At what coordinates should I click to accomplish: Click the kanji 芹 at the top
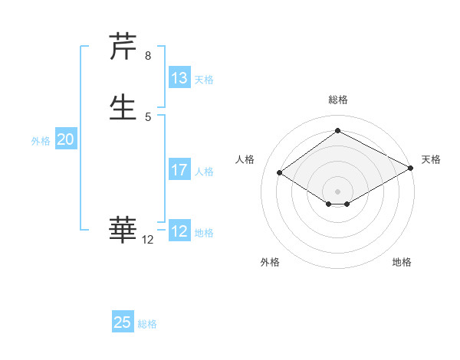(123, 47)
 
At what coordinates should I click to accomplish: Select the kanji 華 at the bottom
(123, 229)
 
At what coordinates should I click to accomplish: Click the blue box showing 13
(179, 78)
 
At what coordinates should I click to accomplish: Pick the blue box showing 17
(179, 170)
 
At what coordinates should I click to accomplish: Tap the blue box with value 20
(65, 139)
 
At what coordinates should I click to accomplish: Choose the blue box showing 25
(123, 322)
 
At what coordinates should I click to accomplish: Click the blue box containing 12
(179, 231)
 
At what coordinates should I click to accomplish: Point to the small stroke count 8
(148, 56)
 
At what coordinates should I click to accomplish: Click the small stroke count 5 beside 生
(148, 116)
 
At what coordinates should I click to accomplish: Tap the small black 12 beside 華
(148, 240)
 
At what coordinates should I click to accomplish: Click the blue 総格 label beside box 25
(147, 324)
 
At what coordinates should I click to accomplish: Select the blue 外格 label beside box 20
(41, 141)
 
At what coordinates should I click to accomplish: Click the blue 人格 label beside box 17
(204, 172)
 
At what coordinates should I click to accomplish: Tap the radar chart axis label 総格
(337, 100)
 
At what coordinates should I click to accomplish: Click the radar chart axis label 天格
(431, 159)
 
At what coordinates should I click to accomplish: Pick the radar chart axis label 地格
(402, 262)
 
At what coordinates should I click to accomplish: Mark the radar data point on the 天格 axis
(411, 169)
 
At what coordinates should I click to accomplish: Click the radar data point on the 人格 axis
(280, 173)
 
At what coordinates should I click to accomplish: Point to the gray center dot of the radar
(337, 191)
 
